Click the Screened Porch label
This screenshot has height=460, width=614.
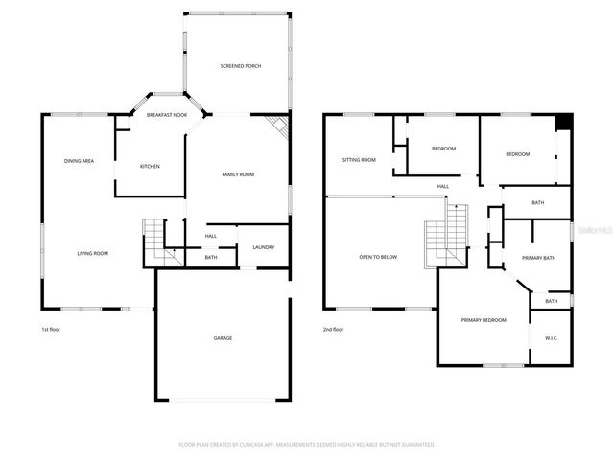240,66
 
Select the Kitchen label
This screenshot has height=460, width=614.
150,167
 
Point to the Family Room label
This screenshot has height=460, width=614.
238,174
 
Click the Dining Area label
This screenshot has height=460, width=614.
79,161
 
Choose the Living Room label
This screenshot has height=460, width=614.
93,254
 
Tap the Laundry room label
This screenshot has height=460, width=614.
264,248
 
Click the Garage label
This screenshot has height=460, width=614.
223,338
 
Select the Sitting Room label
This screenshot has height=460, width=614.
359,160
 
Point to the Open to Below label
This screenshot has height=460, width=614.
378,257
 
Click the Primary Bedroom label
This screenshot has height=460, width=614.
483,320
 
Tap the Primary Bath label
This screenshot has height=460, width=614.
538,258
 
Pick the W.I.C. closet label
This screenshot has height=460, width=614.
551,337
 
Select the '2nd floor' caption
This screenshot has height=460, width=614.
333,330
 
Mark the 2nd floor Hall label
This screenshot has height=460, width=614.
443,186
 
